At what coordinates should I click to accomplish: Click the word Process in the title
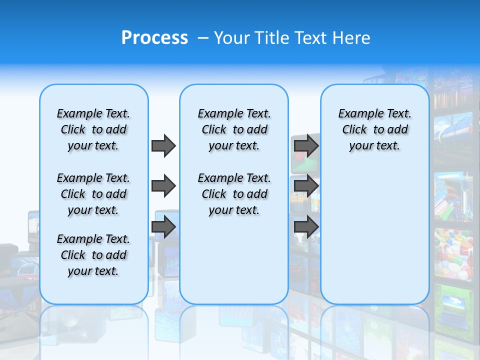[154, 38]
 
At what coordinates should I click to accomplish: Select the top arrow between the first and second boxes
[163, 145]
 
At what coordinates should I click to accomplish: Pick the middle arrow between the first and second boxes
[163, 186]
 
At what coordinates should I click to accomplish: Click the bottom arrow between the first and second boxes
[163, 227]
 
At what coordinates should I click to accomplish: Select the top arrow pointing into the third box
[306, 145]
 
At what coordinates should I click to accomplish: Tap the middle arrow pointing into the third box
[306, 186]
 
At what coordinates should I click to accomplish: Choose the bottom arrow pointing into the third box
[306, 227]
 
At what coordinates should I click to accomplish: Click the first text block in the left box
[93, 129]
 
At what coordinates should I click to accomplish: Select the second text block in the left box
[93, 194]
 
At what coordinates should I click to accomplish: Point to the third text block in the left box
[93, 255]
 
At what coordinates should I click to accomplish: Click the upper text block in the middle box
[234, 129]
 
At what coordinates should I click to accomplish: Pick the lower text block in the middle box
[234, 194]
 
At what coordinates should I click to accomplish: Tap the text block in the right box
[374, 129]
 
